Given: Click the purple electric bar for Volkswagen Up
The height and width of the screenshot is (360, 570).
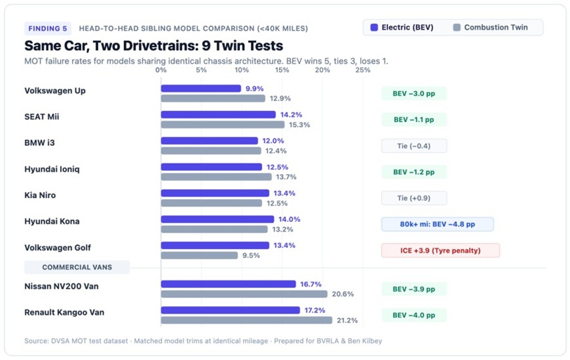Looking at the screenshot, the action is (x=201, y=88).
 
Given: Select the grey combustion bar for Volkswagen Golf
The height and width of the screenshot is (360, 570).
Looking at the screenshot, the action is (x=199, y=255).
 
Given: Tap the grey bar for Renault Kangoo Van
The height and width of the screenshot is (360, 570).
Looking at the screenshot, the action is (x=247, y=320).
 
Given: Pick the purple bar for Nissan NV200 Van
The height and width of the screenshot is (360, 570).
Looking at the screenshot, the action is (x=228, y=284).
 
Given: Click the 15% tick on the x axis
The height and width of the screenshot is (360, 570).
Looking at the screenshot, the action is (x=282, y=70).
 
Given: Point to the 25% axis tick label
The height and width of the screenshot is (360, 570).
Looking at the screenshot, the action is (x=363, y=70).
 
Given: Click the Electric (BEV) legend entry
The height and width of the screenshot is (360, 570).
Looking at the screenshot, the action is (x=401, y=27).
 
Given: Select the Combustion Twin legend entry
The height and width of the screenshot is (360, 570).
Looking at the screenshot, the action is (x=491, y=27).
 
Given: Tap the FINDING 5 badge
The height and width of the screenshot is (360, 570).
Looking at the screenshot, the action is (x=47, y=28).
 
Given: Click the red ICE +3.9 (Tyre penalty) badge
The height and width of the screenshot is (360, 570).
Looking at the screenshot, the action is (x=440, y=251).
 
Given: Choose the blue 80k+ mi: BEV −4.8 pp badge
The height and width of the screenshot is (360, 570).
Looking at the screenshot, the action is (x=437, y=224).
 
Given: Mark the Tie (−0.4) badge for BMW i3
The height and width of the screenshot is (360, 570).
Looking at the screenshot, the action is (x=414, y=146).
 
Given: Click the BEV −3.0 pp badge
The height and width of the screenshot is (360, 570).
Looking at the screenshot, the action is (x=414, y=94).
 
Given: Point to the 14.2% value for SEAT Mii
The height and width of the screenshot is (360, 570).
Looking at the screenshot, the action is (x=291, y=115).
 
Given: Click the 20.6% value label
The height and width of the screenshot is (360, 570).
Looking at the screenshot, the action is (x=343, y=294).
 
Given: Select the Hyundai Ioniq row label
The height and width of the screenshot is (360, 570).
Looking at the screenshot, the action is (x=52, y=169).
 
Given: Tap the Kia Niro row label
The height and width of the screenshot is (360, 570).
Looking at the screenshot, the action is (x=40, y=195).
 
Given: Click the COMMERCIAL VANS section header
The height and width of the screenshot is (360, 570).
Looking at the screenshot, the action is (x=77, y=267).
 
